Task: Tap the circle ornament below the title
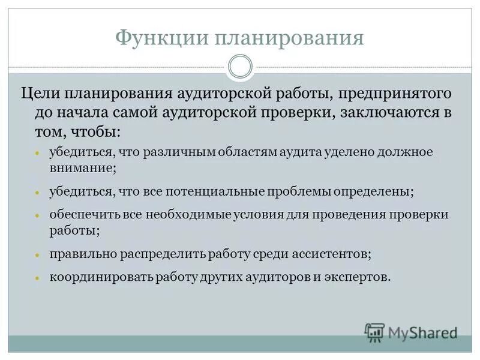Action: pos(241,67)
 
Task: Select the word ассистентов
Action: pos(331,254)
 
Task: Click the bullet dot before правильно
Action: pos(37,255)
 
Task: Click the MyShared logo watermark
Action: pos(412,332)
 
